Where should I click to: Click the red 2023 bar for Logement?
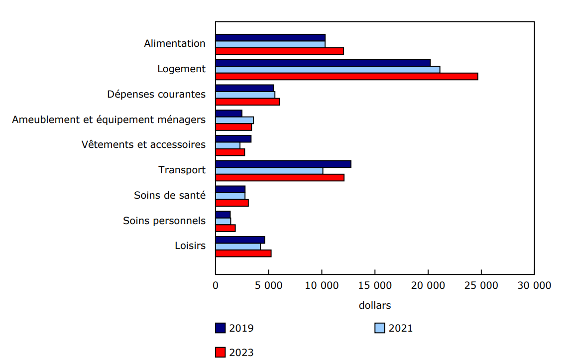point(346,76)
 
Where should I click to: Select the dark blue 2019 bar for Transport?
point(283,164)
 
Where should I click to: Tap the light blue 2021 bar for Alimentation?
point(270,44)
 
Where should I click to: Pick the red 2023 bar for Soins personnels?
point(226,228)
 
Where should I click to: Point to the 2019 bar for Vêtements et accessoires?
point(233,138)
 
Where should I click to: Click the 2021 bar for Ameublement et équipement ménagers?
point(234,120)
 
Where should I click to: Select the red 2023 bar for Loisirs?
point(243,253)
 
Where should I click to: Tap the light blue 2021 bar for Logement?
point(328,69)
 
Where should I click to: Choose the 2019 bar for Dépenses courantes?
point(244,88)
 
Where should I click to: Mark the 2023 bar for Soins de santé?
point(232,203)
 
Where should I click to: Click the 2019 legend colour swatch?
point(221,328)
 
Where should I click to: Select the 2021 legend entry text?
point(400,328)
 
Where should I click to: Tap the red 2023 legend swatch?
point(221,353)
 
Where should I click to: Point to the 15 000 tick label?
point(375,286)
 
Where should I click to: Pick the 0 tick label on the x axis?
point(216,286)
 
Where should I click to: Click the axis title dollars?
point(375,305)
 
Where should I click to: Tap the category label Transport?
point(182,170)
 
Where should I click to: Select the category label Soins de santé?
point(170,195)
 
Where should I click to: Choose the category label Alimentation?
point(175,43)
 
